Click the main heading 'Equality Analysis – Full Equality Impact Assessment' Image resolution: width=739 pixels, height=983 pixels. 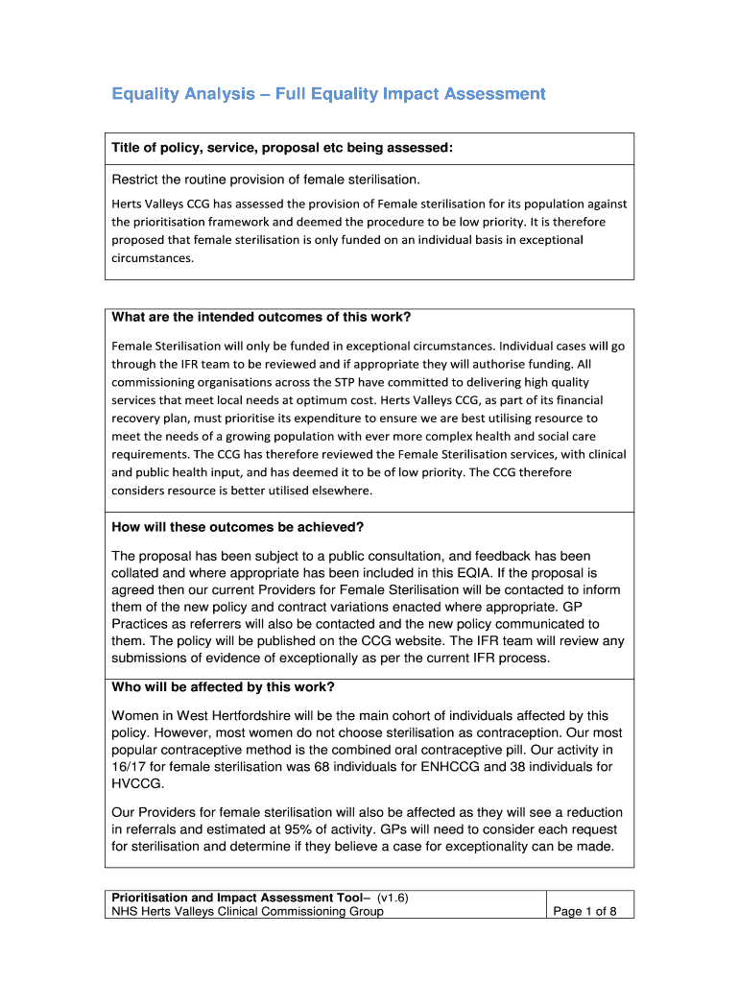328,94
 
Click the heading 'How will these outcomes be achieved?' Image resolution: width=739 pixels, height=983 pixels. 238,527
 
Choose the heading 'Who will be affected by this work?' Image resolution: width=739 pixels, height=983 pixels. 224,687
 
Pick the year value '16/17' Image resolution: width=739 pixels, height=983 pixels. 130,767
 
